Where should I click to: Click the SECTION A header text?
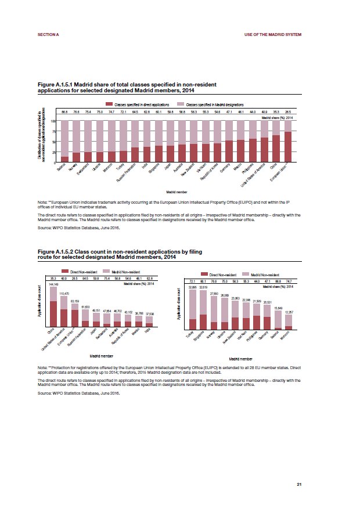[x=48, y=35]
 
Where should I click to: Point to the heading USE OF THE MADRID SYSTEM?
[x=273, y=35]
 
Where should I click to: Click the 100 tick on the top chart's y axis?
[x=52, y=121]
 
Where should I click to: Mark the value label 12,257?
[x=289, y=312]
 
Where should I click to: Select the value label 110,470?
[x=64, y=294]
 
